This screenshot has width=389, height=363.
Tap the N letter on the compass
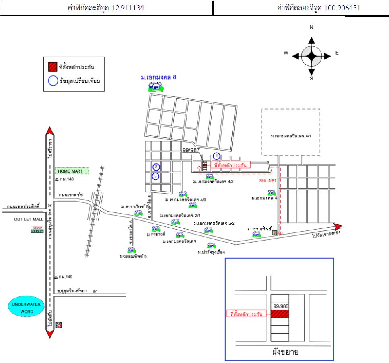[x=311, y=27]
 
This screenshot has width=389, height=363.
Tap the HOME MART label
[x=72, y=171]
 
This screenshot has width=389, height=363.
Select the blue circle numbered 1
[x=216, y=155]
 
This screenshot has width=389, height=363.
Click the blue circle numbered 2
[x=156, y=167]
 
